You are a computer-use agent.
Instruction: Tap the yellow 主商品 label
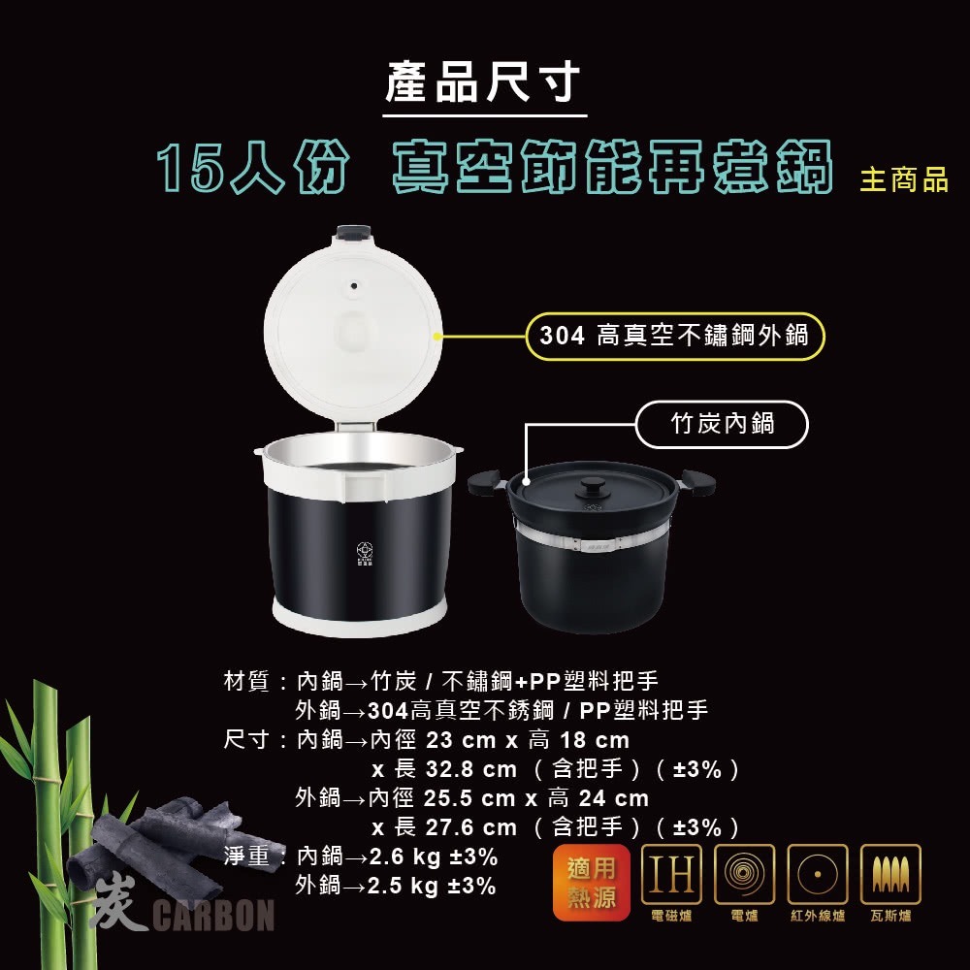click(x=903, y=180)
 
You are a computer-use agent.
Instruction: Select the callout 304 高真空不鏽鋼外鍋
click(x=674, y=337)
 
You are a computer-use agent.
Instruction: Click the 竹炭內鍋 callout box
click(x=723, y=424)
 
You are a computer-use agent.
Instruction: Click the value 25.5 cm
click(x=469, y=799)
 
